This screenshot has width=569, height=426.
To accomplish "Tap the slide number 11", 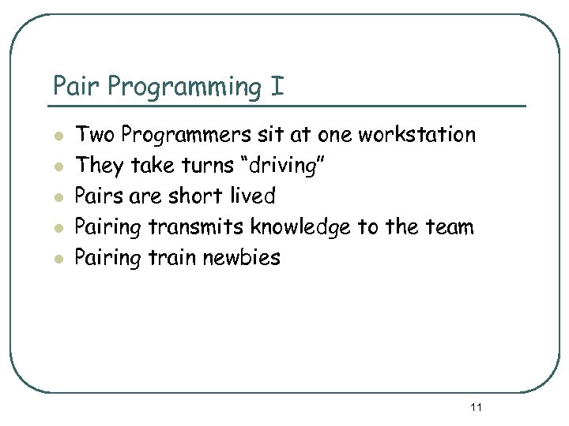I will pyautogui.click(x=476, y=407).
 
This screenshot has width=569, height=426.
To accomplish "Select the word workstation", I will pyautogui.click(x=416, y=135).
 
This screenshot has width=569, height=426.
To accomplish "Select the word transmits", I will pyautogui.click(x=197, y=227).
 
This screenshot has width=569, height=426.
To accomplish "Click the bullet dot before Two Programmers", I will pyautogui.click(x=58, y=136).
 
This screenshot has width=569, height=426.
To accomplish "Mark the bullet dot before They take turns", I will pyautogui.click(x=58, y=166).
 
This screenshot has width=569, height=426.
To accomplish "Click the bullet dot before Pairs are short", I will pyautogui.click(x=58, y=197).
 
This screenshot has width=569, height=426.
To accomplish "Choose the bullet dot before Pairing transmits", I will pyautogui.click(x=58, y=228).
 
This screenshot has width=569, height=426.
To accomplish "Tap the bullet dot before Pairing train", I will pyautogui.click(x=58, y=259).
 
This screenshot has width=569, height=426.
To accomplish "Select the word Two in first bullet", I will pyautogui.click(x=92, y=135).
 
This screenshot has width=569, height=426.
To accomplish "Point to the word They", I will pyautogui.click(x=96, y=166).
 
